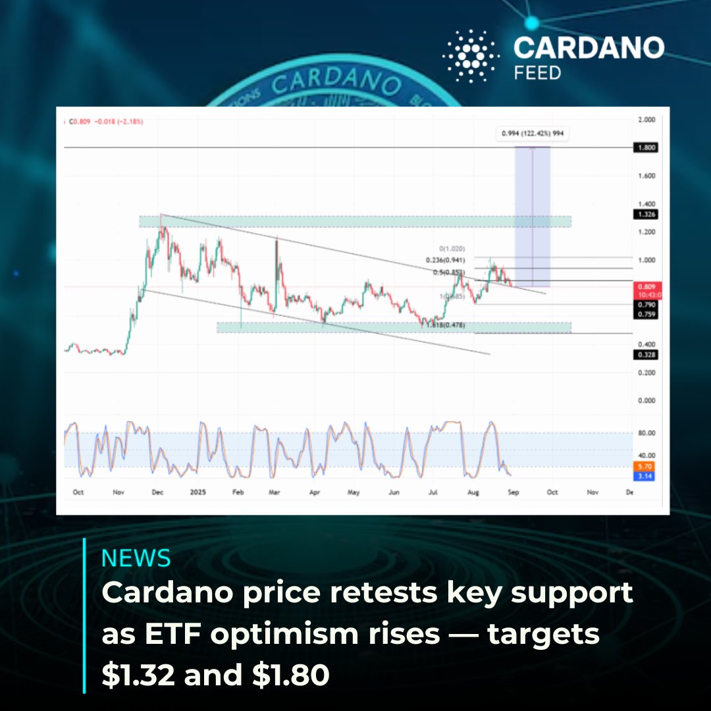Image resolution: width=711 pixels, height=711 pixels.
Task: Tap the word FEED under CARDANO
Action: pos(538,72)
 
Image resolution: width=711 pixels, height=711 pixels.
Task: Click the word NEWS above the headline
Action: pos(136,558)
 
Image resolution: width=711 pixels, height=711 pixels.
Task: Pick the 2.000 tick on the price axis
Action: pos(646,120)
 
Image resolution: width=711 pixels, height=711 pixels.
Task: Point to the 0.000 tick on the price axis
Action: pos(646,400)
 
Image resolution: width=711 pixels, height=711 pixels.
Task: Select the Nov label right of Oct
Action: pos(592,492)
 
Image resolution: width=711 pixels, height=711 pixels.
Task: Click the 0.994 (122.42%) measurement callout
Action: pos(533,133)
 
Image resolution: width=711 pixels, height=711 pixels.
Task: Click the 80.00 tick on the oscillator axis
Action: pos(647,433)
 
